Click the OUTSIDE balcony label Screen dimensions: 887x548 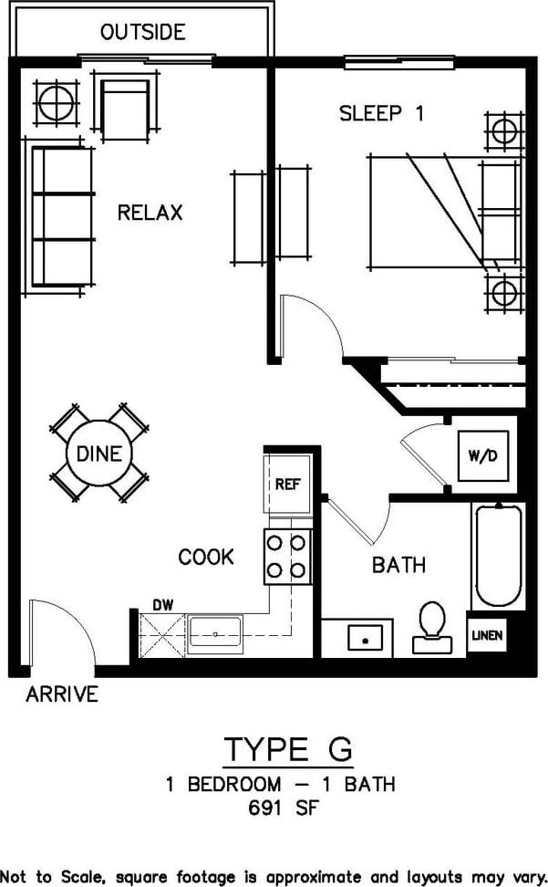[x=143, y=33]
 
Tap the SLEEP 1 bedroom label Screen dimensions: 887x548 [x=381, y=113]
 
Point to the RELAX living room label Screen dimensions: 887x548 [x=150, y=213]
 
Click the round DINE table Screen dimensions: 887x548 [x=99, y=454]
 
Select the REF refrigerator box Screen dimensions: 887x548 [x=287, y=485]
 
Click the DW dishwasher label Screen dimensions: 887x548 [x=162, y=604]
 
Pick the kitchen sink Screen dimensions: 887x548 [x=216, y=631]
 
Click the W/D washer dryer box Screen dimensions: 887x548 [x=482, y=455]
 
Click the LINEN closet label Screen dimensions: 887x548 [x=486, y=635]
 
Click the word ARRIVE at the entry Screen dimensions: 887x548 [x=62, y=694]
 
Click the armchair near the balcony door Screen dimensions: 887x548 [x=125, y=106]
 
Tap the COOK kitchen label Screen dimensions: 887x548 [x=206, y=557]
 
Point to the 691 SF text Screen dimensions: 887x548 [x=287, y=807]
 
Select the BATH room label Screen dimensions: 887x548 [x=398, y=565]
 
